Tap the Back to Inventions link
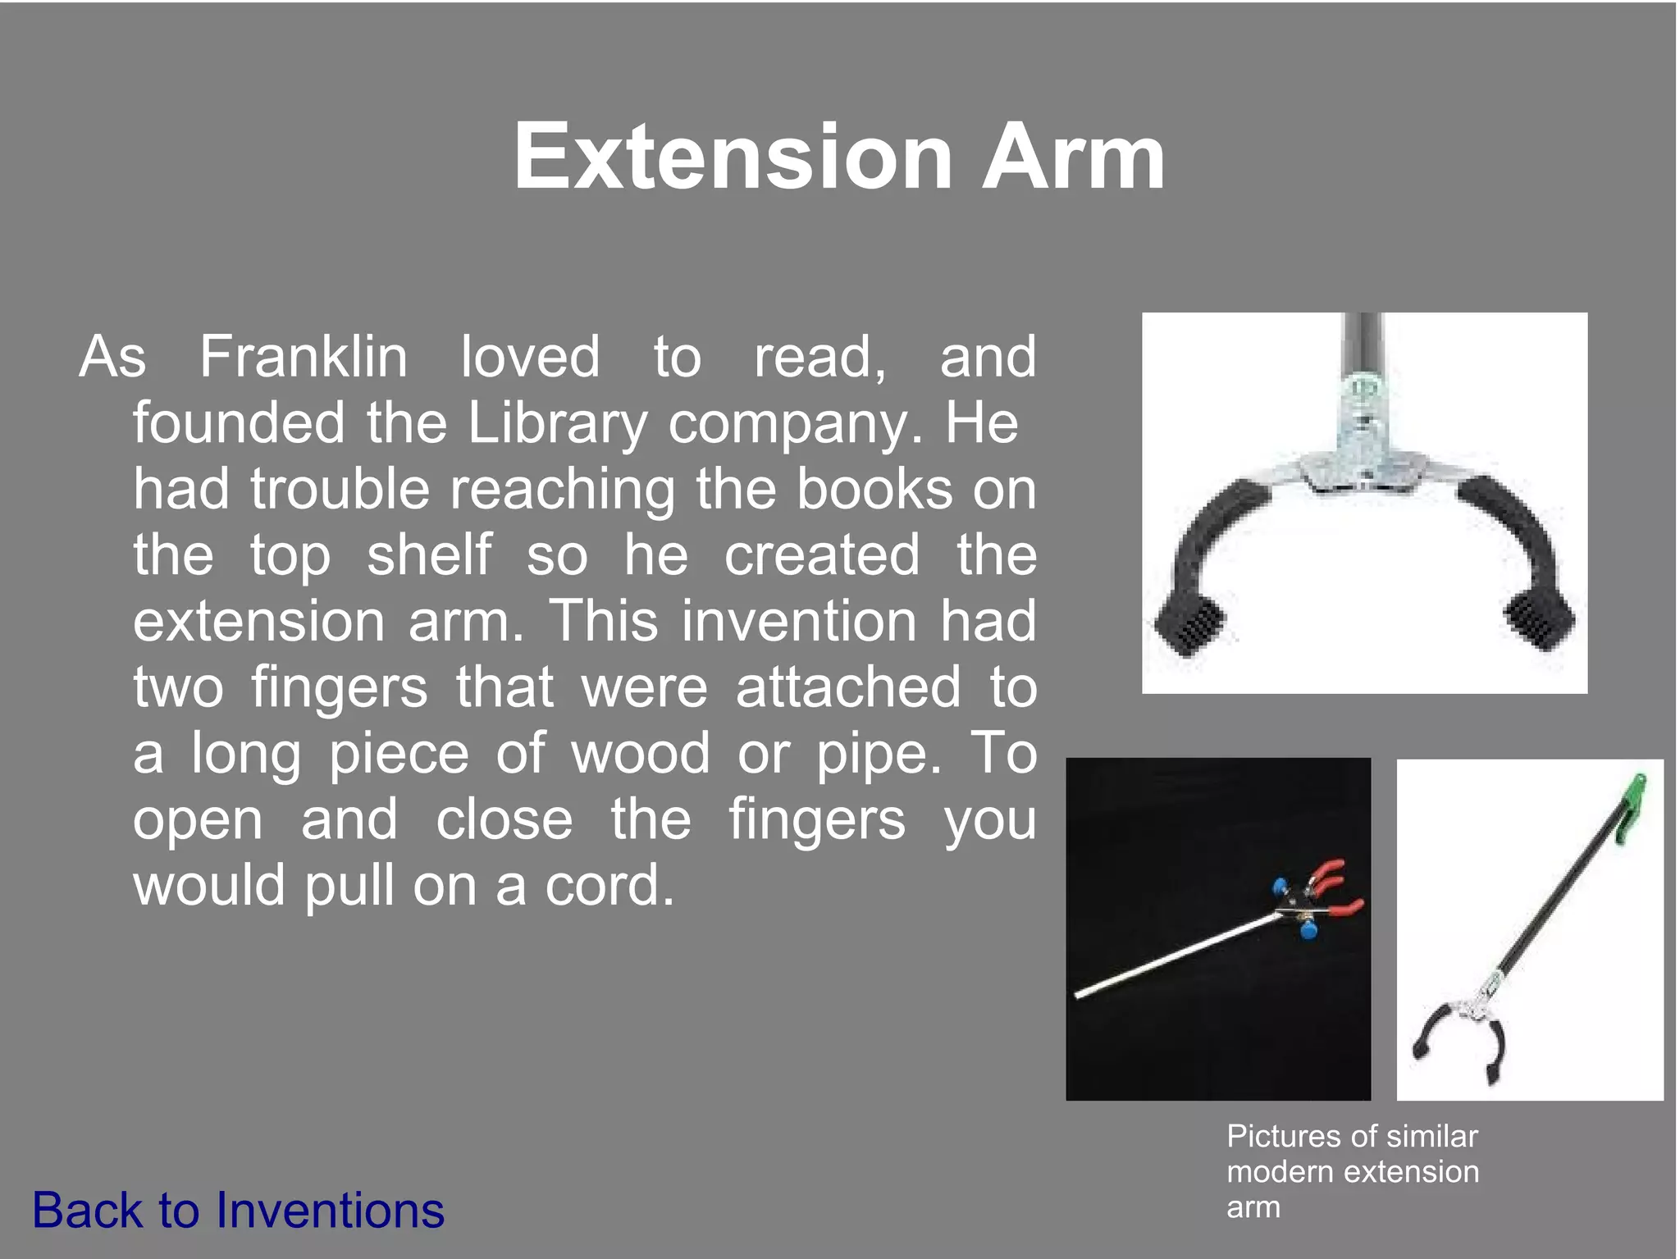click(x=238, y=1210)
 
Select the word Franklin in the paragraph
click(x=303, y=357)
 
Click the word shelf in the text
click(x=429, y=554)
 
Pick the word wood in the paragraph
click(x=640, y=753)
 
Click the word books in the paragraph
click(x=875, y=489)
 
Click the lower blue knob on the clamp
click(x=1308, y=931)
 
